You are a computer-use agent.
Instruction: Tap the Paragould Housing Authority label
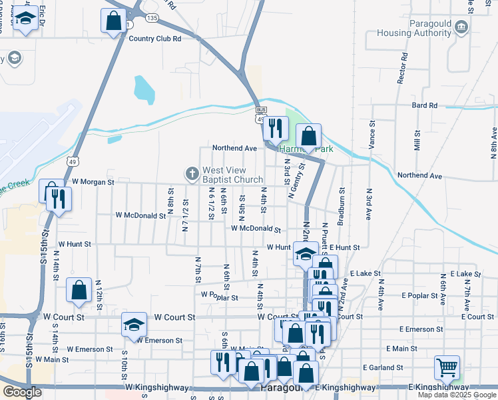(414, 28)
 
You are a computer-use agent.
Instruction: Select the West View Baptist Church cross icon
(192, 175)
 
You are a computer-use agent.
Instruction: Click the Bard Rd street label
(424, 105)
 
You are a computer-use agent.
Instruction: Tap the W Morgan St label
(93, 181)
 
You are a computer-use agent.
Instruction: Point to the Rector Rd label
(401, 69)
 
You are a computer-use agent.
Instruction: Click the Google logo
(22, 392)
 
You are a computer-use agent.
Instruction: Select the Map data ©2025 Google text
(457, 395)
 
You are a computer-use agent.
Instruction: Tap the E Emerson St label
(421, 329)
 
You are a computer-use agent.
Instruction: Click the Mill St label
(417, 141)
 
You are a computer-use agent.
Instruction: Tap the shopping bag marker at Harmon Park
(309, 137)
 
